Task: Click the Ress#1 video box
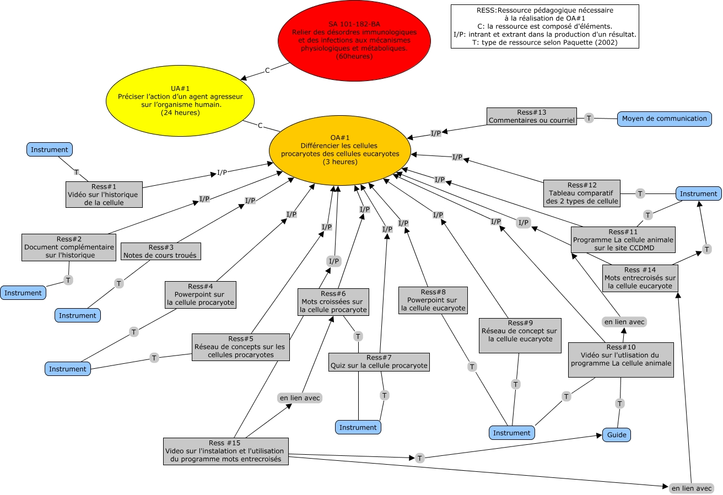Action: [x=104, y=195]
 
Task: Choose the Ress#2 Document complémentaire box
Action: [x=69, y=247]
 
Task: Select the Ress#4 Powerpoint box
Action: [x=201, y=294]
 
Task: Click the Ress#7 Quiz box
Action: [x=379, y=362]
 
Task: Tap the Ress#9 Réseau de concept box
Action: [x=520, y=335]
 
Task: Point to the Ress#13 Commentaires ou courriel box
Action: [x=531, y=116]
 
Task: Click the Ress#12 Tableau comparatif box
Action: [x=581, y=193]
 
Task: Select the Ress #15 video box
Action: [x=225, y=451]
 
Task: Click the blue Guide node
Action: [x=616, y=434]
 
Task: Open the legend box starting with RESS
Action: [x=544, y=26]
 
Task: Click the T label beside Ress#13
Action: [x=589, y=117]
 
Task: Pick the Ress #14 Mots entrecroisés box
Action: [x=639, y=278]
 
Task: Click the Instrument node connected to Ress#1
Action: [x=50, y=149]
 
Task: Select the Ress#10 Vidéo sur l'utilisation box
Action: [x=621, y=359]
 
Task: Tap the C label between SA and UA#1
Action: [x=267, y=70]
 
